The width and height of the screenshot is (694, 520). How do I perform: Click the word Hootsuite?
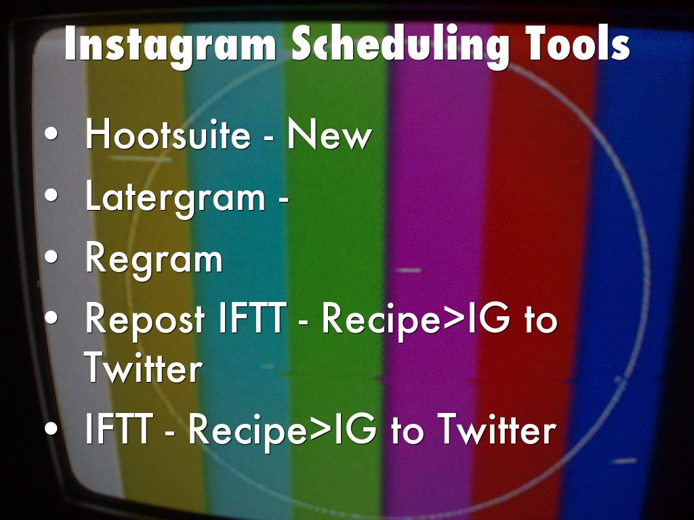point(168,133)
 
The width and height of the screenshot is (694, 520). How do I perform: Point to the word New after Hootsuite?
point(329,133)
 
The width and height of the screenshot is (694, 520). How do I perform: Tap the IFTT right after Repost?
point(252,318)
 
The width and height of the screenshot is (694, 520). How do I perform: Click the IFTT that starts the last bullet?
point(119,428)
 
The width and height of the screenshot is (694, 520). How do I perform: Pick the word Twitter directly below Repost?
point(143,367)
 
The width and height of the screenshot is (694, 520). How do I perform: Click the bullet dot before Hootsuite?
point(52,133)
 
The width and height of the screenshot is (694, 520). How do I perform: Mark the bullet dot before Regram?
point(52,257)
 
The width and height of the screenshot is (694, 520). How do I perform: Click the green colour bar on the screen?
point(336,265)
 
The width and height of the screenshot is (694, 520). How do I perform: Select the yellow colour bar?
point(142,265)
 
